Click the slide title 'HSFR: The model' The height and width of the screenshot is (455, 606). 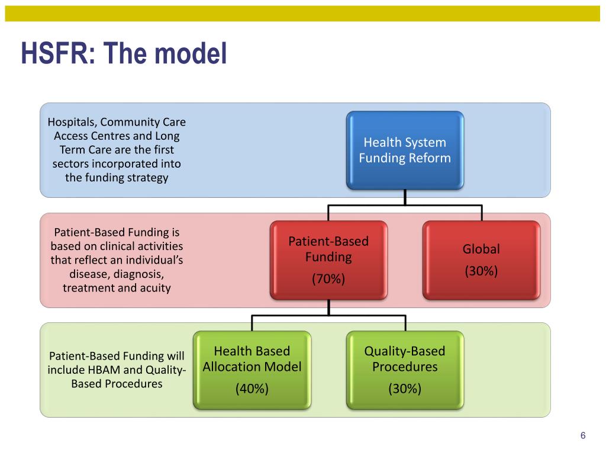124,53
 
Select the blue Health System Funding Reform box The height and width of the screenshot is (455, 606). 405,150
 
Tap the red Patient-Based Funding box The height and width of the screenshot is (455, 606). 328,260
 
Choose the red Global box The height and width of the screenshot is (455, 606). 481,260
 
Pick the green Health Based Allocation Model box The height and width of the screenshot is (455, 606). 252,370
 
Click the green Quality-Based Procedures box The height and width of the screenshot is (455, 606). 405,370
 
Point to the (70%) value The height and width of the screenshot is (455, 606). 328,278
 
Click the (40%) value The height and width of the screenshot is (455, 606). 252,389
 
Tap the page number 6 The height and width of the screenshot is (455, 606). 583,436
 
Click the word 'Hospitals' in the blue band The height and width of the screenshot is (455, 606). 72,122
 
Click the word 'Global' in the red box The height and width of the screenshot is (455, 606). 481,249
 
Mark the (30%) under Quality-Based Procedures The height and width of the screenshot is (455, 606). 405,389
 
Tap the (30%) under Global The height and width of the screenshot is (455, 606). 481,271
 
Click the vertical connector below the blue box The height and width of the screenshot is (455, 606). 405,197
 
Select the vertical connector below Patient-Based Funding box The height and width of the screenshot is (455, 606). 328,307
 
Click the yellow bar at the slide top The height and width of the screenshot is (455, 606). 303,14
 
